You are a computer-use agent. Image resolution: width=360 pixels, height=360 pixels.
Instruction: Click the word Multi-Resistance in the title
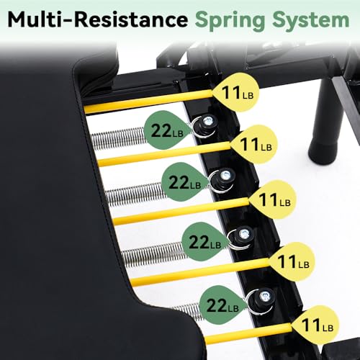98,19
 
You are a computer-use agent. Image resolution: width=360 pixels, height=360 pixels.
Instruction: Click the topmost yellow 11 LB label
236,92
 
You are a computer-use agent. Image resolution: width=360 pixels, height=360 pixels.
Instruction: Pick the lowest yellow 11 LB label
316,325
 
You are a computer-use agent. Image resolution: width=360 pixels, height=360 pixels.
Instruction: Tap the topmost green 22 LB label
168,130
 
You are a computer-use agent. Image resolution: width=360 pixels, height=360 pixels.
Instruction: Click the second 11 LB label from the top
255,144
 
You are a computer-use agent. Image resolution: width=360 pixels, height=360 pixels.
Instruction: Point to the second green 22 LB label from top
185,183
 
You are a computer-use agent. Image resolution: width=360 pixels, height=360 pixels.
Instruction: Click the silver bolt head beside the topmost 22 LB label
208,120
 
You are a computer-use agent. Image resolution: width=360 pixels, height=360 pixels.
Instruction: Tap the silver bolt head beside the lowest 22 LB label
264,296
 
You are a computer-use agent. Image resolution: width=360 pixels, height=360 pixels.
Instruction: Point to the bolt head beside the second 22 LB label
225,174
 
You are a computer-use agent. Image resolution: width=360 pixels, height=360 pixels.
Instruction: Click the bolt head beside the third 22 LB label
244,233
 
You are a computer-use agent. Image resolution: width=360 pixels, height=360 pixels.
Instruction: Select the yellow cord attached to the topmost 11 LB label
149,102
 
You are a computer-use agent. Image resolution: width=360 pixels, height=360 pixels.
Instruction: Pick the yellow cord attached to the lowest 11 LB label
249,333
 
